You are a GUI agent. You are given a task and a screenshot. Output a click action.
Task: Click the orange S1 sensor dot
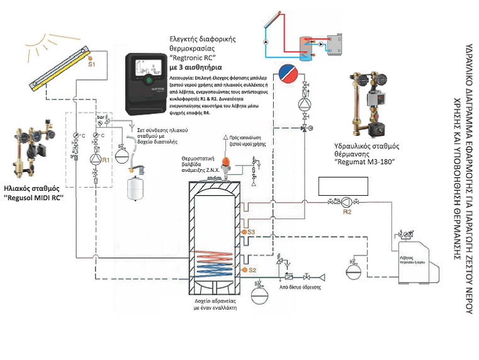(91, 59)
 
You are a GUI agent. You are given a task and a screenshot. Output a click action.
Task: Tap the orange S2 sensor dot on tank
(244, 270)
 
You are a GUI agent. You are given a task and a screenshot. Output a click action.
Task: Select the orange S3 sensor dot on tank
(244, 232)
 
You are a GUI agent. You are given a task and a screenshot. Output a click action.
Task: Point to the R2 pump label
(347, 212)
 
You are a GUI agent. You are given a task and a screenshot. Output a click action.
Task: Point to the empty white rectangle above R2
(342, 186)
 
